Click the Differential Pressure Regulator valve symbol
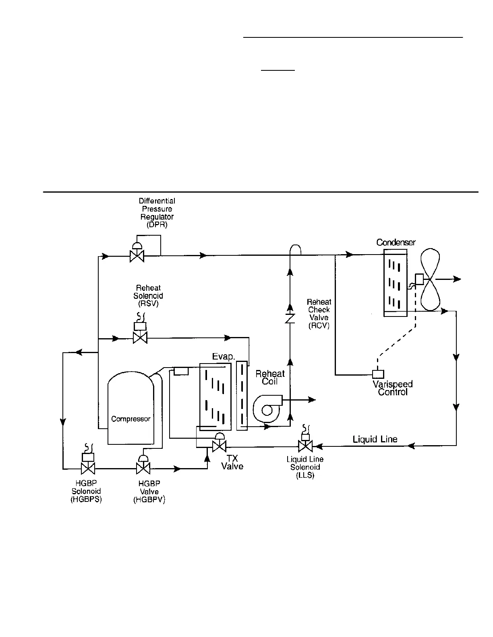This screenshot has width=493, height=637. (137, 255)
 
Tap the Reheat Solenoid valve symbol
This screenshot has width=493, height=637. (140, 338)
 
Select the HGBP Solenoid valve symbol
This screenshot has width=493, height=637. (88, 468)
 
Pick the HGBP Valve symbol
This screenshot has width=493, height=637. (143, 468)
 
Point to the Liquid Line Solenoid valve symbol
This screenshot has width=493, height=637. (305, 446)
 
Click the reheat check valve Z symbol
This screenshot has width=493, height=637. (290, 318)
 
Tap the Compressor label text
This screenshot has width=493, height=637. (130, 419)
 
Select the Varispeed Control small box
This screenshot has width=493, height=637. (378, 374)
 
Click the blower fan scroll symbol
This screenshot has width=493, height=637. (267, 409)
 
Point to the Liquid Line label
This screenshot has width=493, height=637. (375, 439)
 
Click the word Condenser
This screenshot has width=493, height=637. (396, 242)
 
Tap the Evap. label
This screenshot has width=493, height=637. (224, 357)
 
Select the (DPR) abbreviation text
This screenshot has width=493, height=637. (157, 225)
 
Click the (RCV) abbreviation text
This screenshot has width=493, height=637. (319, 326)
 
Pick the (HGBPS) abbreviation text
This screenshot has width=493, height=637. (86, 499)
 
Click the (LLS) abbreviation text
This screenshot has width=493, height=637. (305, 475)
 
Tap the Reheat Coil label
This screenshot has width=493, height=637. (270, 377)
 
